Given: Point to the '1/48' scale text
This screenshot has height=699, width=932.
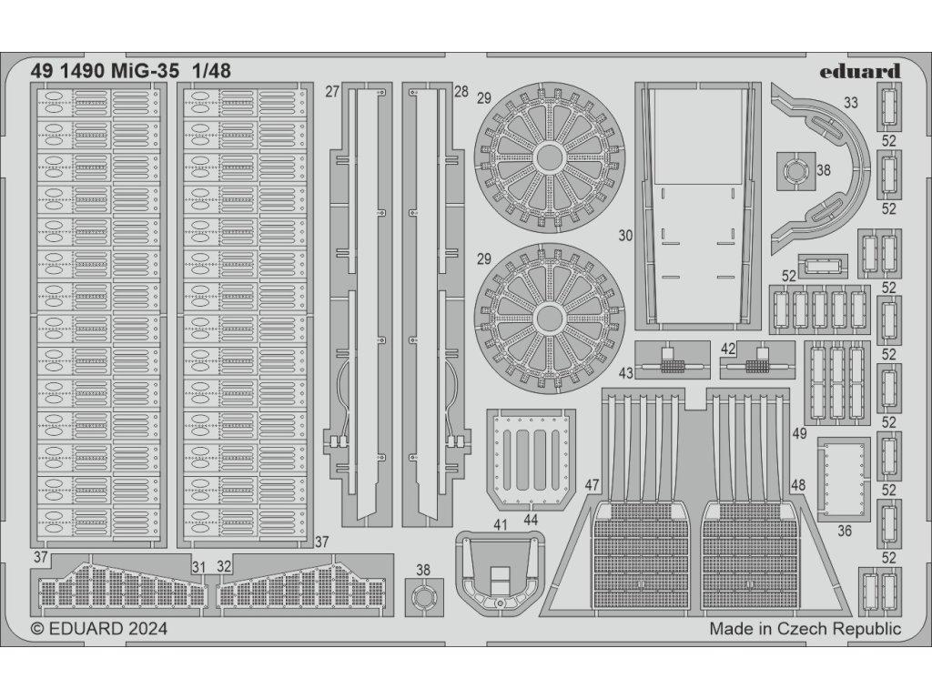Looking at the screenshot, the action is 210,70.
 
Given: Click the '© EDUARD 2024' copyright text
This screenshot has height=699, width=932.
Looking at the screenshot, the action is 99,628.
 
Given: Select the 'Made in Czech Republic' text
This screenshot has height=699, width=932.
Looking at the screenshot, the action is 805,628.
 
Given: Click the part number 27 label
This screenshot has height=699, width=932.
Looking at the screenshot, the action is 331,91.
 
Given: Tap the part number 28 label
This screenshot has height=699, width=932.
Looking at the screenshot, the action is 461,91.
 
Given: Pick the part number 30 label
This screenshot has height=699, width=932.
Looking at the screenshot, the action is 625,235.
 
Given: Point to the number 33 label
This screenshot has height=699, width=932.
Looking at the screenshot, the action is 850,103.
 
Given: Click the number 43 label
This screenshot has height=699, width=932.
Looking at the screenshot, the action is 625,372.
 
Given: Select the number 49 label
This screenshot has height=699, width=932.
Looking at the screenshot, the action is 799,434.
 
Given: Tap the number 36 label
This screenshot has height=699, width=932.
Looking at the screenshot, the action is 844,531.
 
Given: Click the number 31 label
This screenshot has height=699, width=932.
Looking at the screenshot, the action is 198,567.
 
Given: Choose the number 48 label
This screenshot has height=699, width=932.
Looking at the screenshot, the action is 797,485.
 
